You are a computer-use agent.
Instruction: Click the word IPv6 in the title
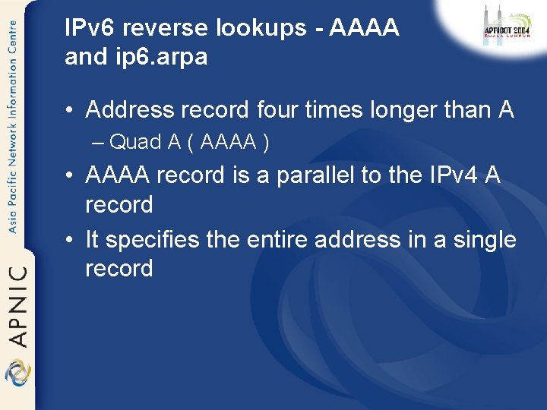click(90, 28)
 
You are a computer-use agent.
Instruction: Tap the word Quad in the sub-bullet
click(135, 142)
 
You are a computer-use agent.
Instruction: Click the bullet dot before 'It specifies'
click(69, 241)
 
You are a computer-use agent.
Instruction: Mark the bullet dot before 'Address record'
click(69, 111)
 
